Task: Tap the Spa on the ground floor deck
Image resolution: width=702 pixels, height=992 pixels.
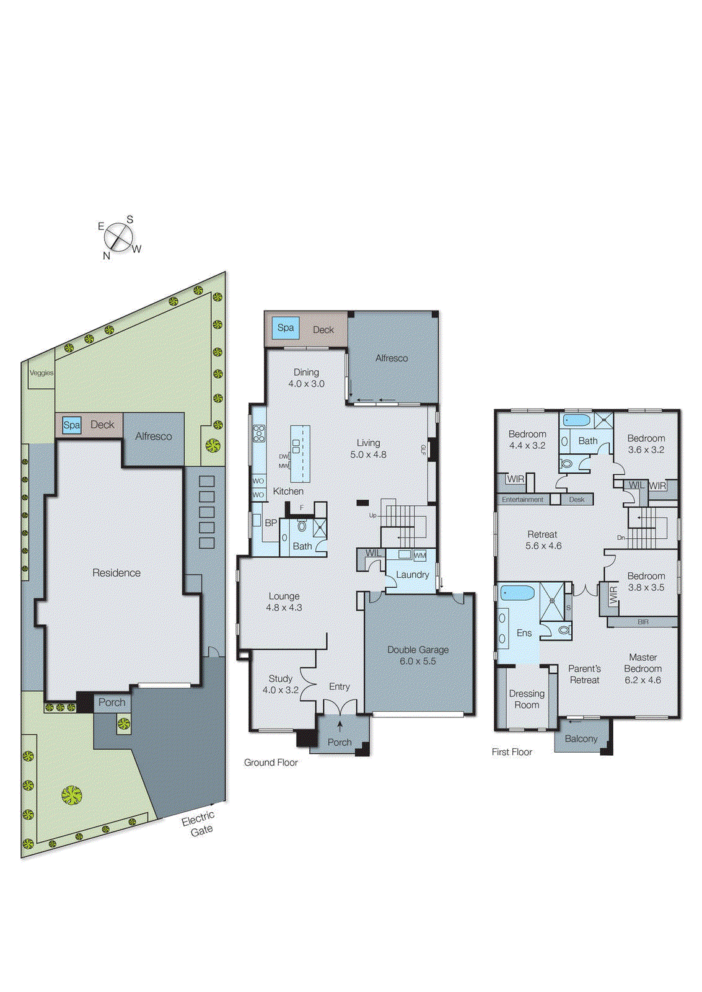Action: coord(286,328)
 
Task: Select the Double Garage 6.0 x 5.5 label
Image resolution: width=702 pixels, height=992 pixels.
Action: coord(418,655)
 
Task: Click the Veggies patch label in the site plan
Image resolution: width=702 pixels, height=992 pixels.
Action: coord(42,373)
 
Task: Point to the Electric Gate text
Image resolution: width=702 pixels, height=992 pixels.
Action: coord(199,824)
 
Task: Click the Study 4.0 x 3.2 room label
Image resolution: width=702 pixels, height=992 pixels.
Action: coord(281,684)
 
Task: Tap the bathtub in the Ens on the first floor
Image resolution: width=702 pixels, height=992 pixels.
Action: coord(518,593)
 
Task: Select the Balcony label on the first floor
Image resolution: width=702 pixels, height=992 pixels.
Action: coord(581,738)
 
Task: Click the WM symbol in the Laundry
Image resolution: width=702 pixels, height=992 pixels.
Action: coord(420,556)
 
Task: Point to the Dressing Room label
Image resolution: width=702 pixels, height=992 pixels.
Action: coord(527,699)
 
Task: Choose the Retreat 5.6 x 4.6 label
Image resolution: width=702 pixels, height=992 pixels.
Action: coord(543,540)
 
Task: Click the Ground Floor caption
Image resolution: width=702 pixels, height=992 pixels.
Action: coord(271,763)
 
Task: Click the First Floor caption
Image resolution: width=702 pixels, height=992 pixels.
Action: coord(512,752)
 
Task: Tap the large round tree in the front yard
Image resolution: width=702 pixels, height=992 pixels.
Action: coord(71,795)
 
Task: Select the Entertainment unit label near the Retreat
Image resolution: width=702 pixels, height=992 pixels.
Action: coord(522,499)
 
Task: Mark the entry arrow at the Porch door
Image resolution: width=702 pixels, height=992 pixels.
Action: coord(340,726)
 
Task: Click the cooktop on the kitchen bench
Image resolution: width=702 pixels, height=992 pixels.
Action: coord(259,433)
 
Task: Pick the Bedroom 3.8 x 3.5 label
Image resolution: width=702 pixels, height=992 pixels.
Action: coord(646,582)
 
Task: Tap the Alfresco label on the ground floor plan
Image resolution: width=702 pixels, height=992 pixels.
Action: coord(392,358)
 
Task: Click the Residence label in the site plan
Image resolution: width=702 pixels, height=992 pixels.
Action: coord(116,573)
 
